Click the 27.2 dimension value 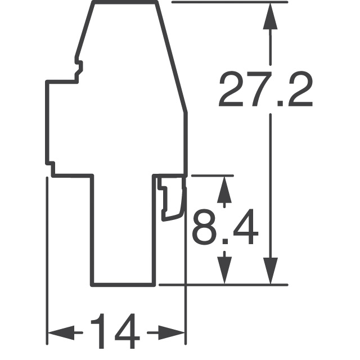click(265, 89)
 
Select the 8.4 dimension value click(225, 227)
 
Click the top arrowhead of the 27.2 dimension click(270, 16)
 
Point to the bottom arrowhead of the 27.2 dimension click(271, 271)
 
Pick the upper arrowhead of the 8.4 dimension click(224, 190)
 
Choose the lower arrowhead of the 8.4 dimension click(224, 271)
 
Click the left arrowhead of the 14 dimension click(61, 332)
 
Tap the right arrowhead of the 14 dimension click(171, 332)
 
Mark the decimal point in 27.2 click(280, 103)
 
